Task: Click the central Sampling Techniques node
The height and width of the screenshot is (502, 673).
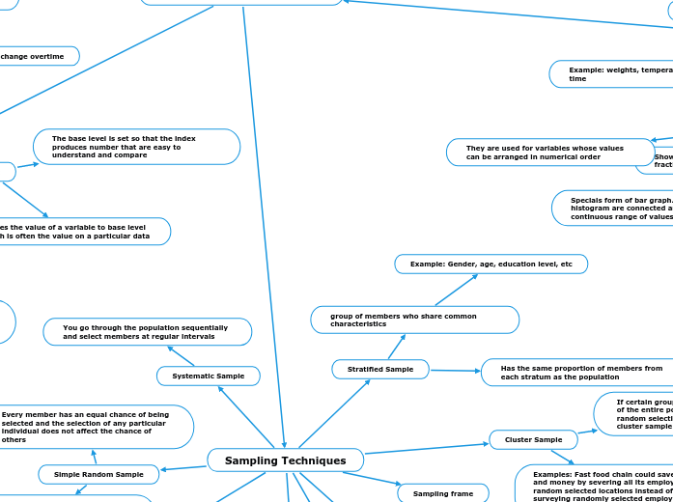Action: (285, 460)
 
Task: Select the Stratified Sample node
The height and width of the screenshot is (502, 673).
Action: (380, 369)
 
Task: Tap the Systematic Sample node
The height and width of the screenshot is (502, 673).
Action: (208, 376)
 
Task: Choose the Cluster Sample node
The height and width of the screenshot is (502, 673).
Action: (533, 440)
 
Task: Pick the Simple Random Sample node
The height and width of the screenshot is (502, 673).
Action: (98, 474)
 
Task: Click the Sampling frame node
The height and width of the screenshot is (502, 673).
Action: (442, 493)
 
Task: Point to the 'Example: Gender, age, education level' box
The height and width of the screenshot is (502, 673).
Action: (491, 264)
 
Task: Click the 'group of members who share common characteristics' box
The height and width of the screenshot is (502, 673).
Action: (414, 320)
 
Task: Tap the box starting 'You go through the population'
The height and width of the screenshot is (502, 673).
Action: (147, 332)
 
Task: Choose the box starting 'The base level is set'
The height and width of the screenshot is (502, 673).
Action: (136, 147)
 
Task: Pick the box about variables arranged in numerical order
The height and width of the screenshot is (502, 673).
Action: (549, 153)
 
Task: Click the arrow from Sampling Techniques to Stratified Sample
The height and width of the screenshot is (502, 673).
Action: (334, 413)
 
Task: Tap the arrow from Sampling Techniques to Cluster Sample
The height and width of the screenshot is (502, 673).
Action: (426, 448)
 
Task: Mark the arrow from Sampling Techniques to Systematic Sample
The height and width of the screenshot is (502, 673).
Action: (246, 417)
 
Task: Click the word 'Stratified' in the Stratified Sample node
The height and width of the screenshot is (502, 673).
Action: (365, 369)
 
